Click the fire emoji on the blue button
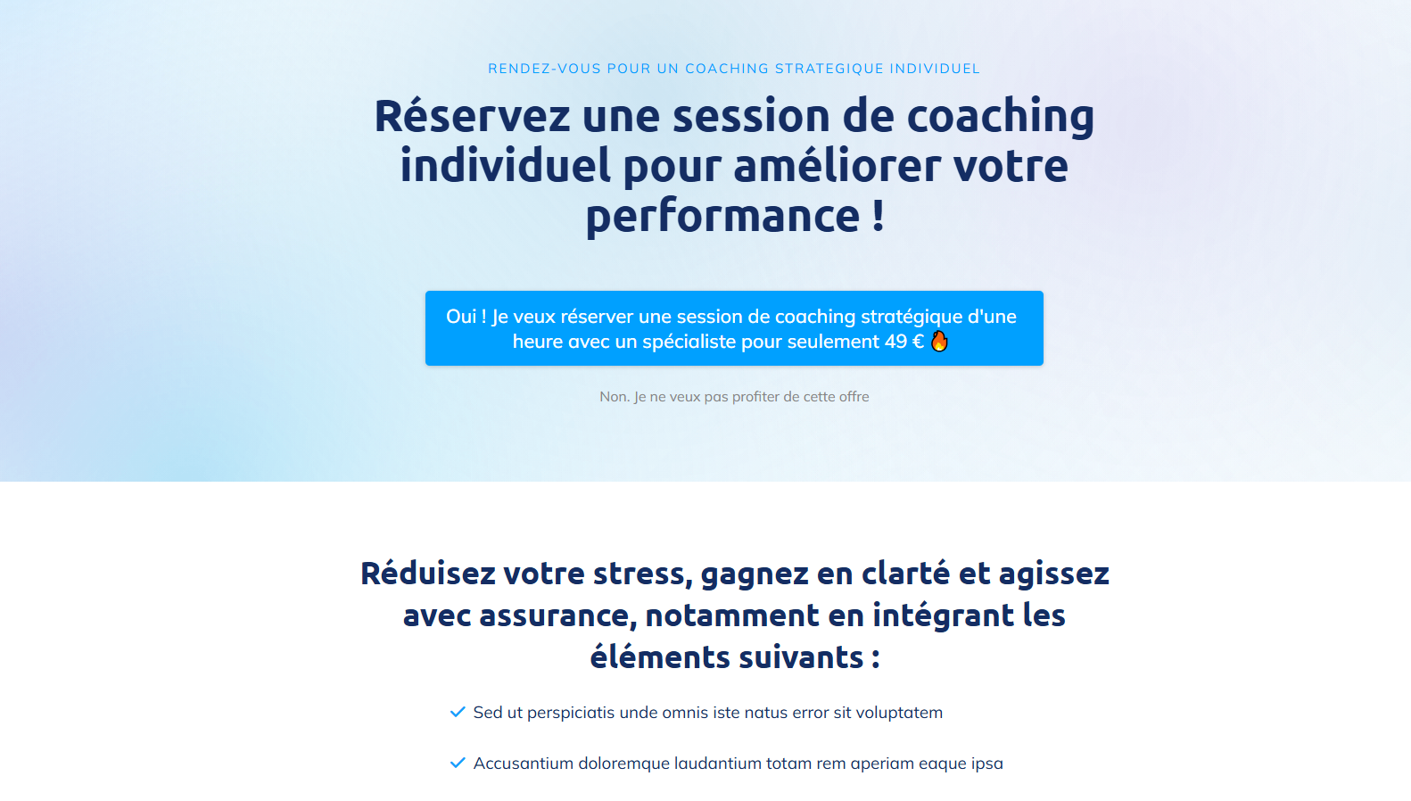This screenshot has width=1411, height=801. click(x=939, y=342)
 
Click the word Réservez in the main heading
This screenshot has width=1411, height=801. click(x=473, y=116)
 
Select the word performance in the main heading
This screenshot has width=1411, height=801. click(x=722, y=216)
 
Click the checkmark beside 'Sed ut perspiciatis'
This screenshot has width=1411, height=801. click(x=458, y=712)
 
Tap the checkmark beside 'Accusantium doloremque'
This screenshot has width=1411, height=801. click(x=458, y=764)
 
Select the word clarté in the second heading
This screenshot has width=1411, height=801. click(x=906, y=574)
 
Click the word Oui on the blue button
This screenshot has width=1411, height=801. click(x=460, y=316)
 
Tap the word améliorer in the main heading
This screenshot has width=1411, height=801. click(x=838, y=165)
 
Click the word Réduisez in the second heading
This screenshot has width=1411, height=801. click(x=428, y=574)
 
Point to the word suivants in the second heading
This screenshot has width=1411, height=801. click(x=801, y=656)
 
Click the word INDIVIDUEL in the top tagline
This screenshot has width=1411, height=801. click(x=935, y=69)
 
